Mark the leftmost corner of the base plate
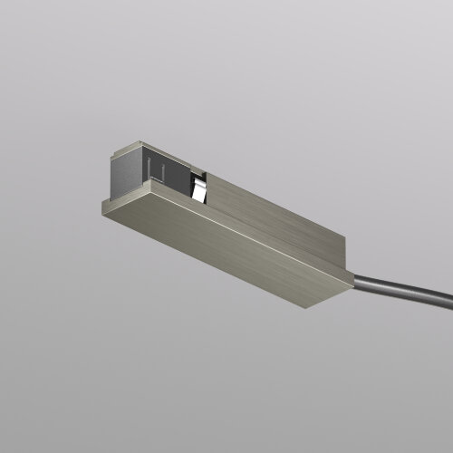101,207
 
